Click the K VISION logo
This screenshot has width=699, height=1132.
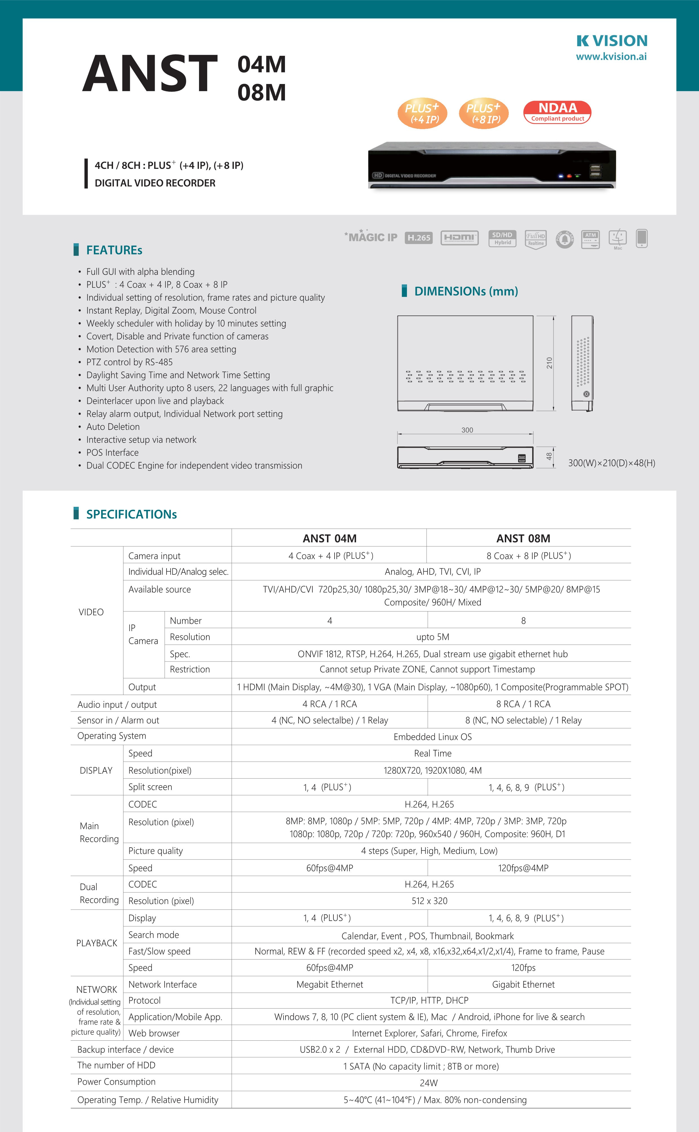tap(612, 41)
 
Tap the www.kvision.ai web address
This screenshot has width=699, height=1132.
tap(611, 57)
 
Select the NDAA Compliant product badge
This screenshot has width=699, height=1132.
tap(557, 112)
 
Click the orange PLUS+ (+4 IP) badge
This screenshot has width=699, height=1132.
tap(422, 113)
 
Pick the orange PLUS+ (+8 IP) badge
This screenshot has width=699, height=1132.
tap(484, 113)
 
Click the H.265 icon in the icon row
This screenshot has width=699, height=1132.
tap(418, 238)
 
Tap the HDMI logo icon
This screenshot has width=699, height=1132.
tap(459, 238)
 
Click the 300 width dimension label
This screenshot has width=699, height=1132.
tap(467, 430)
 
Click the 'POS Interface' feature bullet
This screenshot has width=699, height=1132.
tap(112, 452)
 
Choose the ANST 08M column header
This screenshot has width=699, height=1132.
tap(523, 538)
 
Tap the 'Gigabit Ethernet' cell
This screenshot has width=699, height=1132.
tap(523, 985)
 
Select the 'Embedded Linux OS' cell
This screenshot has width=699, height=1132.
tap(432, 737)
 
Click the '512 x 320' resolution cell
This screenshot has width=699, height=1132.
tap(430, 901)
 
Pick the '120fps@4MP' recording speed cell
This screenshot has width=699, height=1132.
tap(523, 868)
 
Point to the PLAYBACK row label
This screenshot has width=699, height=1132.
tap(97, 943)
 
